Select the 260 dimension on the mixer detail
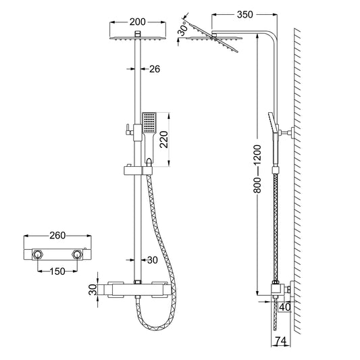point(58,236)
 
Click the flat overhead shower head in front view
point(138,38)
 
